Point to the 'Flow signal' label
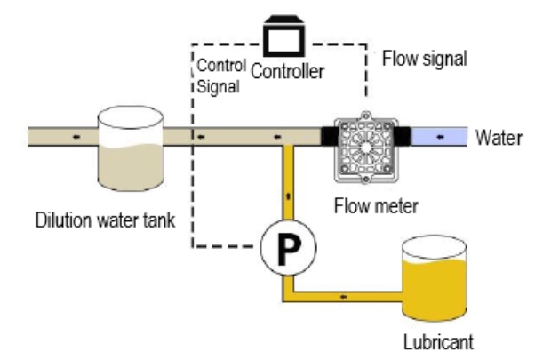[424, 60]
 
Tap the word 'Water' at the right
[499, 138]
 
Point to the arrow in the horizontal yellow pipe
[343, 293]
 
